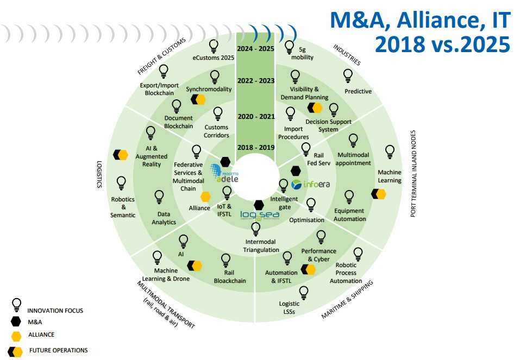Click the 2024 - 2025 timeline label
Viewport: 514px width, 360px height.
pyautogui.click(x=255, y=49)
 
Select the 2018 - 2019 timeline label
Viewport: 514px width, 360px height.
pyautogui.click(x=256, y=147)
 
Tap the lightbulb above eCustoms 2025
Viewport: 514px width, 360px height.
pyautogui.click(x=214, y=46)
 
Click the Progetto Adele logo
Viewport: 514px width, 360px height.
pyautogui.click(x=224, y=173)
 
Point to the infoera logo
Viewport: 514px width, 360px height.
pyautogui.click(x=310, y=185)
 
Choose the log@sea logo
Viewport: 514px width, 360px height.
pyautogui.click(x=260, y=215)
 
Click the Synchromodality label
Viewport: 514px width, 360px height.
pyautogui.click(x=209, y=89)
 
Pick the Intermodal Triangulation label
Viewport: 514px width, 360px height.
pyautogui.click(x=261, y=245)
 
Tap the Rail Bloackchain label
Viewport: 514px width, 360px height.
pyautogui.click(x=229, y=276)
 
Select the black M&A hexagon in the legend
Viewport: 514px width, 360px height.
pyautogui.click(x=16, y=321)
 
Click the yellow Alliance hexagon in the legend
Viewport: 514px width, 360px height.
pyautogui.click(x=16, y=336)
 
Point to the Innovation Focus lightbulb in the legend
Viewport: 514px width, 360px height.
pyautogui.click(x=16, y=305)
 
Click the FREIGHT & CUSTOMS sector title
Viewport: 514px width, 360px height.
pyautogui.click(x=161, y=56)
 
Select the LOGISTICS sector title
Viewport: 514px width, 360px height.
pyautogui.click(x=99, y=174)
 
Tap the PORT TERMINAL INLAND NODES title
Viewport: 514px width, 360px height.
pyautogui.click(x=413, y=174)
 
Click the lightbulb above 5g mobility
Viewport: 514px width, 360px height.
pyautogui.click(x=289, y=47)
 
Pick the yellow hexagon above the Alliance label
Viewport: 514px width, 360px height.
pyautogui.click(x=205, y=197)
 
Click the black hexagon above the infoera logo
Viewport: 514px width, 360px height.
pyautogui.click(x=296, y=170)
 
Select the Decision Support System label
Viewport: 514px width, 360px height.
pyautogui.click(x=328, y=125)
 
